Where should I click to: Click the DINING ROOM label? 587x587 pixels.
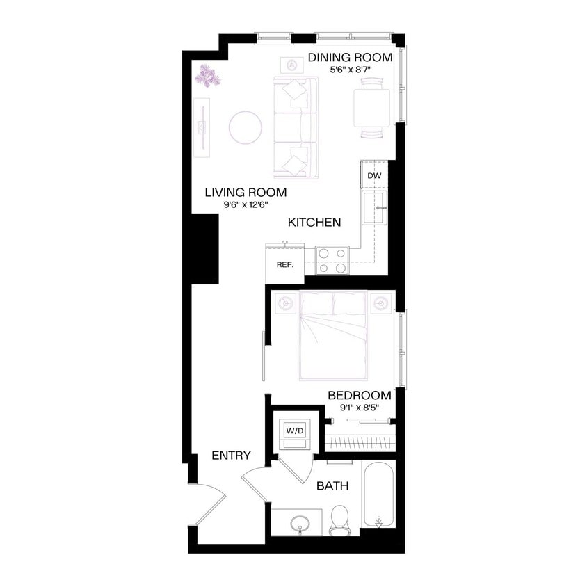[350, 57]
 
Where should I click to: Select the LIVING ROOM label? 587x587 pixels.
[246, 192]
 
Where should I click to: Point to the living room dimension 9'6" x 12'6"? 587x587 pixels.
[246, 204]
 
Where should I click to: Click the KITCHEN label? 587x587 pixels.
[315, 223]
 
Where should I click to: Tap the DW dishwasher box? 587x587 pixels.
[374, 176]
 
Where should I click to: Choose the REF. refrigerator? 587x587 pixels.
[284, 264]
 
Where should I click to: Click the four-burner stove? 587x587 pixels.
[332, 260]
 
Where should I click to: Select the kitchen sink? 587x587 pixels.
[376, 209]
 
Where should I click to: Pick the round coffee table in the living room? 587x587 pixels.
[246, 127]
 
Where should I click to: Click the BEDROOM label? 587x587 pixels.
[359, 395]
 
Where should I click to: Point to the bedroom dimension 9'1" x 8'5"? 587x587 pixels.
[359, 408]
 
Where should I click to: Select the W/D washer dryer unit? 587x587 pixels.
[295, 431]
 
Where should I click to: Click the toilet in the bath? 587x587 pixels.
[339, 518]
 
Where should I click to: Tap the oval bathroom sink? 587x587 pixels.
[301, 522]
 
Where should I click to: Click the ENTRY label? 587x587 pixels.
[231, 456]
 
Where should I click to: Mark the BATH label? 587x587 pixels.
[332, 486]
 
